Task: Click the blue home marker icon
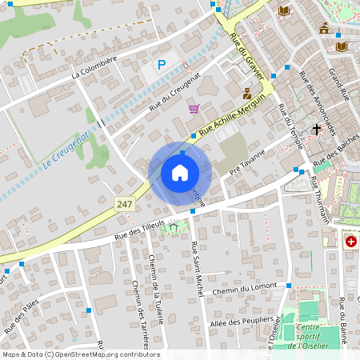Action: (180, 173)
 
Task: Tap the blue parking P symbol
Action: (162, 65)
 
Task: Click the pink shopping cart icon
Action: (194, 109)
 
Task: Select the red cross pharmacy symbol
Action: (350, 241)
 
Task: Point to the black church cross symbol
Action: (317, 129)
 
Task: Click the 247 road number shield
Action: (123, 204)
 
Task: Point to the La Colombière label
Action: (94, 66)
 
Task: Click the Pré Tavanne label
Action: (247, 165)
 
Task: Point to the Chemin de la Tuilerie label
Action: (157, 288)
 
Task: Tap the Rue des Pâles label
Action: (22, 316)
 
